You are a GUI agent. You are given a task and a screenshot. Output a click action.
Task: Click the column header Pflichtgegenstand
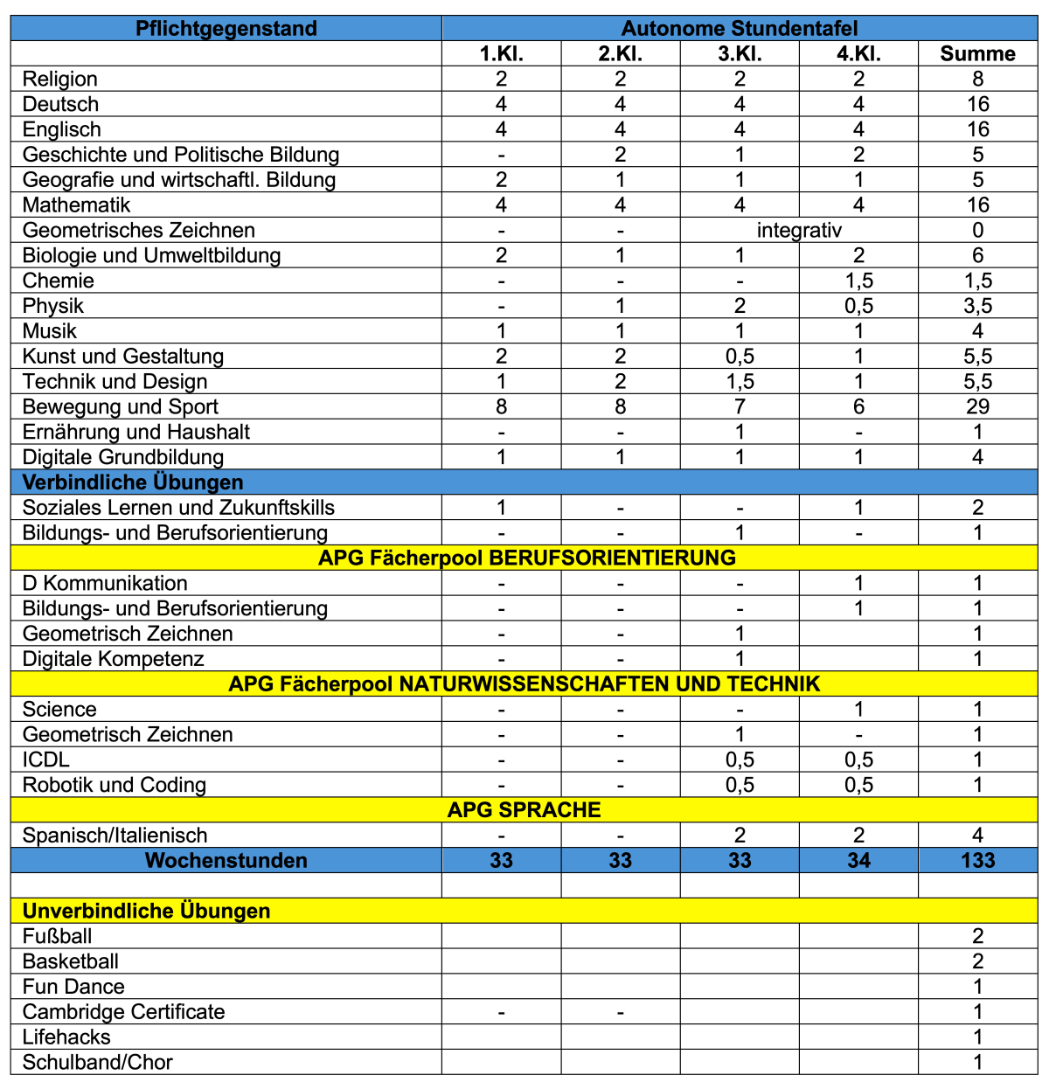click(x=226, y=29)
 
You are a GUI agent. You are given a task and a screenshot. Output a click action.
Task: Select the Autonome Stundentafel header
click(x=740, y=29)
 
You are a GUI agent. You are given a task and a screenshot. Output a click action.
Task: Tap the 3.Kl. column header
click(x=740, y=54)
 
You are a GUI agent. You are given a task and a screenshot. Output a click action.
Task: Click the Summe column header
click(x=977, y=54)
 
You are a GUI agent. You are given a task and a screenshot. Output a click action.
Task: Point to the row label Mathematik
click(x=76, y=205)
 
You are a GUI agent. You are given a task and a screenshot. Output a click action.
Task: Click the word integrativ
click(x=799, y=231)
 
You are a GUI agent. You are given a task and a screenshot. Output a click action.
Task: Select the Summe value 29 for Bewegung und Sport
click(x=977, y=407)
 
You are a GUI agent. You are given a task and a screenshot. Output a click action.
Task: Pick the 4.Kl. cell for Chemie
click(x=858, y=281)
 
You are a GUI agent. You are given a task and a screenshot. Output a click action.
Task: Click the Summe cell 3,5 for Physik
click(x=977, y=307)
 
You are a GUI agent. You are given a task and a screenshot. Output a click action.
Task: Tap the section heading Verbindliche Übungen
click(x=133, y=483)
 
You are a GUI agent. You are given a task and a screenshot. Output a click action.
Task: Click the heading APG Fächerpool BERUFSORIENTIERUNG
click(x=526, y=558)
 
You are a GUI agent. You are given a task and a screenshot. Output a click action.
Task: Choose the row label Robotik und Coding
click(x=115, y=785)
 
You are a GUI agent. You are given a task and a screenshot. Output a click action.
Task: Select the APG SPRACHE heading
click(x=524, y=810)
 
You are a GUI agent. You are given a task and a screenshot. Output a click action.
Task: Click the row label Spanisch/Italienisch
click(x=115, y=836)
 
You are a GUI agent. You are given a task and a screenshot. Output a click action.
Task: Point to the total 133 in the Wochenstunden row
click(x=977, y=861)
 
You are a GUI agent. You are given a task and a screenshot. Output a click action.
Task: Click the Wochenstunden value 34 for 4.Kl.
click(x=858, y=861)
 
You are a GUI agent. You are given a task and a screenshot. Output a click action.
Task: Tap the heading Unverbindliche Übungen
click(x=146, y=912)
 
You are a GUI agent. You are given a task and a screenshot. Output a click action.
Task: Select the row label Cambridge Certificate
click(x=123, y=1012)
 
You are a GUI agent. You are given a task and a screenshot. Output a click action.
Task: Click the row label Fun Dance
click(x=73, y=987)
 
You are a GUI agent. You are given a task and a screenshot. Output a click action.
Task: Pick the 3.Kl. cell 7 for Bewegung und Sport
click(x=740, y=407)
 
